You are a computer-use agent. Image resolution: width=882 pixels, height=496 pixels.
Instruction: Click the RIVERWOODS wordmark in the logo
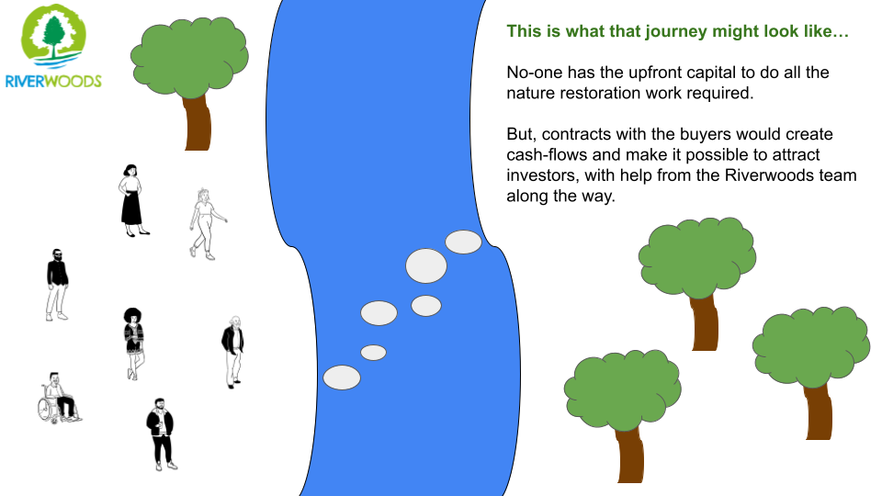tap(53, 81)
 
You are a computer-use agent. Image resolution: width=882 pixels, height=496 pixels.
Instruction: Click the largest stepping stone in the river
tap(426, 265)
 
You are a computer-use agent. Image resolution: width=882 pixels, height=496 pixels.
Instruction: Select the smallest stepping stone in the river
tap(374, 353)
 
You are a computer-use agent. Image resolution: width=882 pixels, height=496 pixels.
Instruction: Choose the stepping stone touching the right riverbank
tap(463, 242)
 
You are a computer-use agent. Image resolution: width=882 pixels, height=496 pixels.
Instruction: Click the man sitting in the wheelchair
tap(59, 397)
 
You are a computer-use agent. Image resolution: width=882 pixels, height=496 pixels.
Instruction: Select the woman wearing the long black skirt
tap(132, 201)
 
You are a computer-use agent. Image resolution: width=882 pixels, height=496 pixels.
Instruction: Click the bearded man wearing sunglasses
tap(57, 285)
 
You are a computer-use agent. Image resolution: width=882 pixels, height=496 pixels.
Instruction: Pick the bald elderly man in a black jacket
tap(232, 352)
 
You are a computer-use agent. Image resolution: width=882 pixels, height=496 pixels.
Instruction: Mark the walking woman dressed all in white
tap(206, 224)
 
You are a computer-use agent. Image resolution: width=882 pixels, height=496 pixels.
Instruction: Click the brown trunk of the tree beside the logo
tap(197, 122)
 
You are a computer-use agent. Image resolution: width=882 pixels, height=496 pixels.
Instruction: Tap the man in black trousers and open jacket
tap(161, 434)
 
